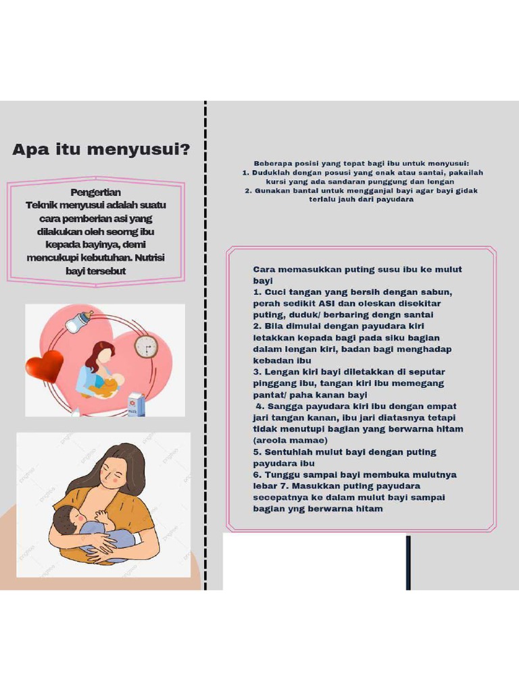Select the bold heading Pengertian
pyautogui.click(x=95, y=192)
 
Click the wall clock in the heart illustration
pyautogui.click(x=145, y=347)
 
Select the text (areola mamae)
pyautogui.click(x=290, y=441)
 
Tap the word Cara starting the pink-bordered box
pyautogui.click(x=264, y=269)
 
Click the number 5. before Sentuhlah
pyautogui.click(x=257, y=452)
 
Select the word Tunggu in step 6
pyautogui.click(x=278, y=475)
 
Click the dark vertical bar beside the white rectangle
pyautogui.click(x=408, y=562)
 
